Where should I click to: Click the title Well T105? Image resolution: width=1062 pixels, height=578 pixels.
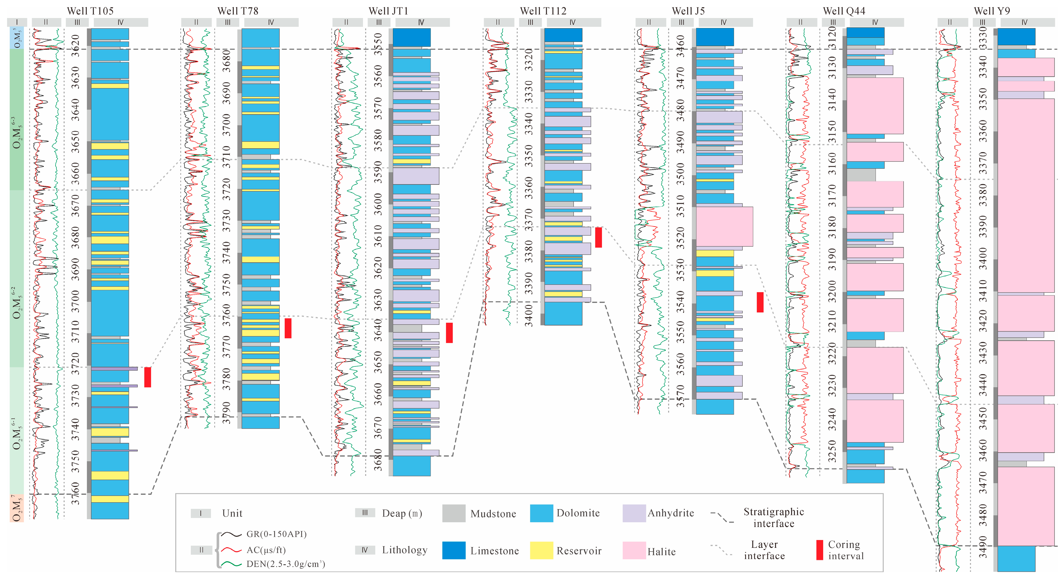pyautogui.click(x=90, y=11)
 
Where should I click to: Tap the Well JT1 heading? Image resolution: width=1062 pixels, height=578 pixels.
pyautogui.click(x=388, y=11)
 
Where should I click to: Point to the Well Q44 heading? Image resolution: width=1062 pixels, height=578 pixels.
pyautogui.click(x=844, y=11)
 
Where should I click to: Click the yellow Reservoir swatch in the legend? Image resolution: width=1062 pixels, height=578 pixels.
pyautogui.click(x=541, y=550)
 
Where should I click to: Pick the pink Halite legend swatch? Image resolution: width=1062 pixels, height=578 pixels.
pyautogui.click(x=634, y=550)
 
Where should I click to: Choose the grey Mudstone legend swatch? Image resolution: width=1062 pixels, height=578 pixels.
pyautogui.click(x=454, y=513)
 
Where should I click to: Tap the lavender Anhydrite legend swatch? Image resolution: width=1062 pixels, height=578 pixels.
pyautogui.click(x=634, y=513)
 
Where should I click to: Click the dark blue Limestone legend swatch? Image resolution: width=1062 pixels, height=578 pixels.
pyautogui.click(x=454, y=550)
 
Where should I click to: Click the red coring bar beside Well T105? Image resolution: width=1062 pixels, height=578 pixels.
pyautogui.click(x=148, y=377)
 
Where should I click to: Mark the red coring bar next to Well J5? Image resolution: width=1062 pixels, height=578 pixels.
pyautogui.click(x=760, y=302)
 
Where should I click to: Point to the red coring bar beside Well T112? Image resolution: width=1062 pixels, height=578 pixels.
pyautogui.click(x=598, y=237)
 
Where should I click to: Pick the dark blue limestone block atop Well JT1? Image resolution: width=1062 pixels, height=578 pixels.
pyautogui.click(x=412, y=37)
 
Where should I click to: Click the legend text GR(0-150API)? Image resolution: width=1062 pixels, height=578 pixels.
pyautogui.click(x=276, y=534)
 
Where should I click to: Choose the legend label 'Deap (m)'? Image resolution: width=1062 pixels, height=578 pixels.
pyautogui.click(x=402, y=513)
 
